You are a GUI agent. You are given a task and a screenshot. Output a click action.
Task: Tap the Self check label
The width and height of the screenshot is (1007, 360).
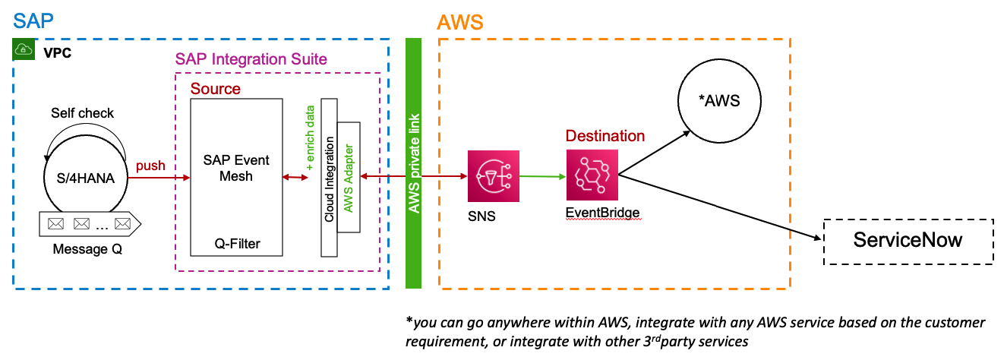(83, 113)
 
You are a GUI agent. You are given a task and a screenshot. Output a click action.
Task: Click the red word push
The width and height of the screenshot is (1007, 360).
(150, 166)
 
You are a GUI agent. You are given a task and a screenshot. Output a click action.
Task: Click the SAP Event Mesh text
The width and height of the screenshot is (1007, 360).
(236, 169)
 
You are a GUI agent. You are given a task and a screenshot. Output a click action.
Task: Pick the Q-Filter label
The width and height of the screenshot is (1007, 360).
(236, 243)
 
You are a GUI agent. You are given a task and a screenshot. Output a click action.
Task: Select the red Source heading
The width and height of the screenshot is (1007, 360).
(215, 89)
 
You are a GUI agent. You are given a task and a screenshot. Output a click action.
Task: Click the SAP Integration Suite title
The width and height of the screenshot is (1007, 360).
(251, 59)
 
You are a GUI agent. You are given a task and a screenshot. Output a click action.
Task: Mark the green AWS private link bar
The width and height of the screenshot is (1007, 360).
(413, 163)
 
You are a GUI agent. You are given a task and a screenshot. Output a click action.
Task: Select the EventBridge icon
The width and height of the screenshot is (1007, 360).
(592, 175)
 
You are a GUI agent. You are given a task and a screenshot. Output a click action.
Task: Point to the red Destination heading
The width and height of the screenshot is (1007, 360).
(605, 136)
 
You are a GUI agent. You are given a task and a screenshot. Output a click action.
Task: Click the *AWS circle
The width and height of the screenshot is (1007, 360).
(718, 101)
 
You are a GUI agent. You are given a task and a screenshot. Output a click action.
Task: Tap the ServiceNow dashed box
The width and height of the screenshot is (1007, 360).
(908, 242)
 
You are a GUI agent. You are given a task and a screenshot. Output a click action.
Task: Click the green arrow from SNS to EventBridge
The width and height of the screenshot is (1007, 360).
(540, 177)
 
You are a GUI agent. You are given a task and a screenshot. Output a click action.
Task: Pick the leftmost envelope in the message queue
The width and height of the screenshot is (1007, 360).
(55, 224)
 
